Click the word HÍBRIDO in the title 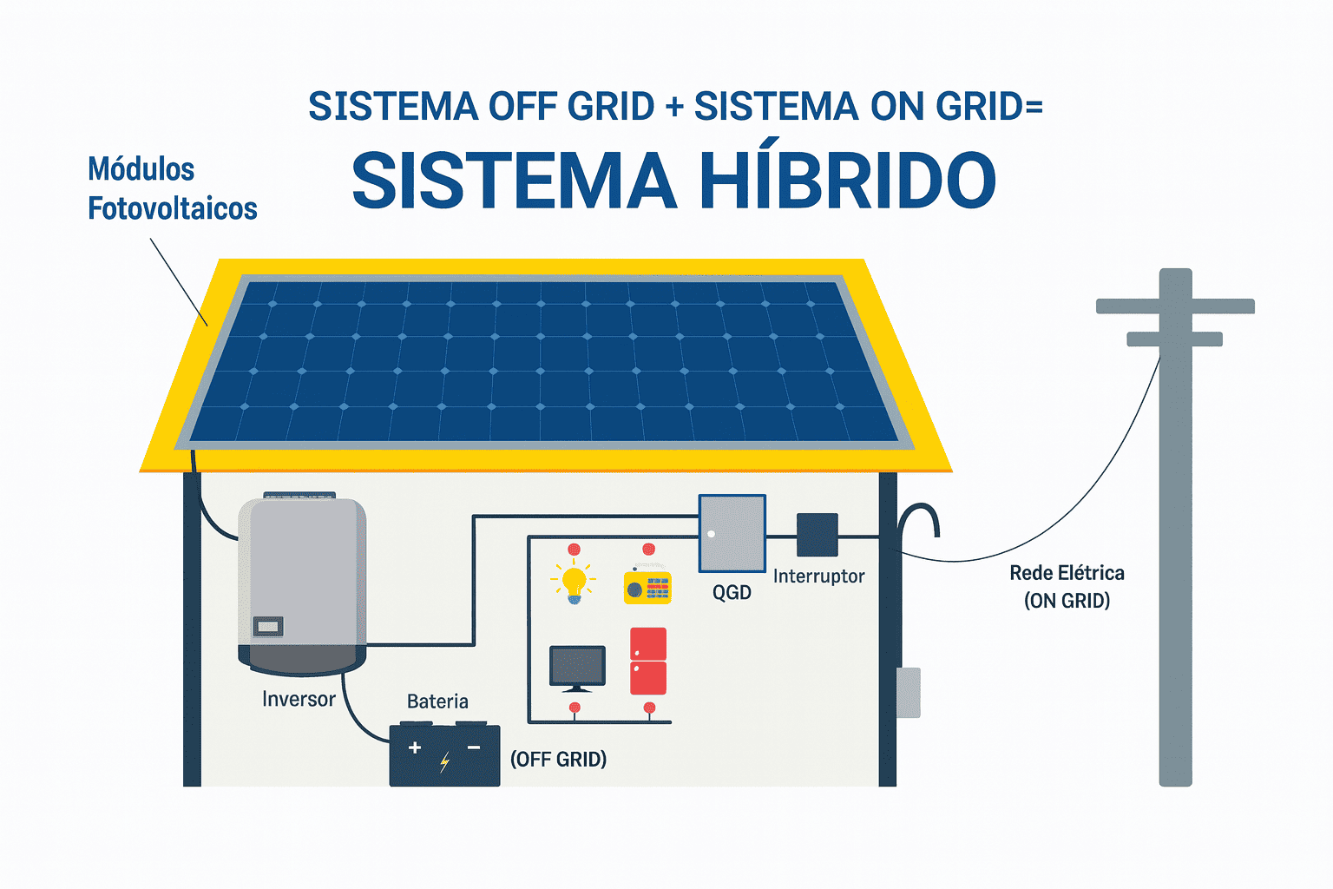click(x=848, y=181)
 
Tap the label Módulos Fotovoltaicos click(x=172, y=188)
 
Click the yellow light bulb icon click(x=574, y=582)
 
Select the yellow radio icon click(x=647, y=586)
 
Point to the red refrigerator click(x=647, y=661)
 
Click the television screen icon click(x=577, y=667)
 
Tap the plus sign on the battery click(x=415, y=747)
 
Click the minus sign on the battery click(x=474, y=747)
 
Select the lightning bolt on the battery click(x=444, y=762)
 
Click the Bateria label click(x=437, y=701)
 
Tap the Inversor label click(x=299, y=699)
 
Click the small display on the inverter click(x=267, y=626)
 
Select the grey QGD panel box click(x=732, y=533)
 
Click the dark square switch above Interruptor click(x=818, y=535)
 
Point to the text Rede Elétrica click(x=1067, y=573)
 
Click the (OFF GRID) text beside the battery click(x=558, y=760)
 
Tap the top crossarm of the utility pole click(x=1175, y=306)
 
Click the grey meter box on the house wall click(x=908, y=692)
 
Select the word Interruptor click(x=818, y=576)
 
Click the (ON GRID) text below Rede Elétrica click(x=1067, y=601)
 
